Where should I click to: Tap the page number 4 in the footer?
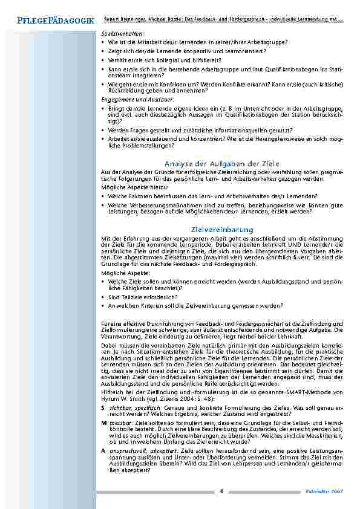pos(221,490)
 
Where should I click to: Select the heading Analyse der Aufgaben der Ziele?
pos(221,163)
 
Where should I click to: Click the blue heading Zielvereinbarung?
pos(221,230)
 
